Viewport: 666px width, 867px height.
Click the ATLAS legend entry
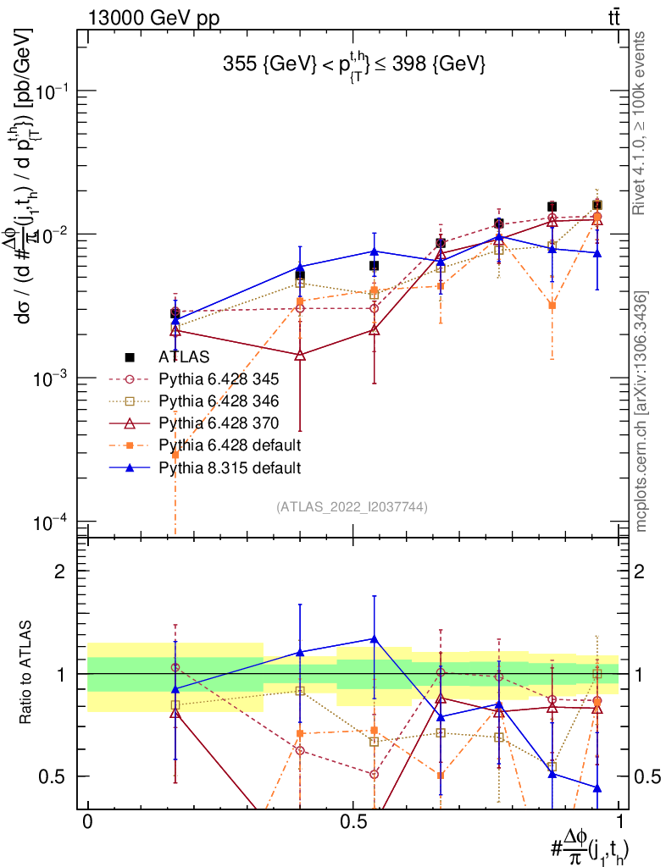(183, 357)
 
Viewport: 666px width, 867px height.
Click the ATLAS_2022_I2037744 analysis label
(351, 507)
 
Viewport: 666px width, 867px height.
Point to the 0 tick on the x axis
(87, 822)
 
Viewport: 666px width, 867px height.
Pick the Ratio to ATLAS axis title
(28, 674)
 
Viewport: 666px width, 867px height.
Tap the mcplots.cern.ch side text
(642, 411)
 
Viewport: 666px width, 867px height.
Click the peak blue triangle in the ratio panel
(374, 638)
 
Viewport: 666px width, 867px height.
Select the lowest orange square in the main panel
(175, 455)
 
